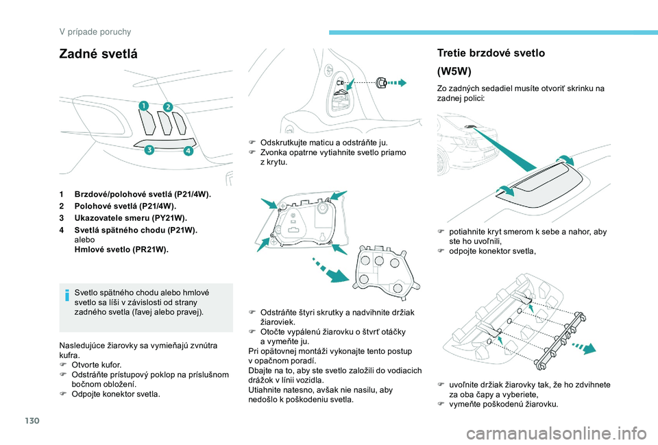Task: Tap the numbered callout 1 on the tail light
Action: [145, 106]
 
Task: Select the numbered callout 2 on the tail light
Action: [167, 106]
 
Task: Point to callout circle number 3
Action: [147, 155]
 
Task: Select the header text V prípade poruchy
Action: [95, 32]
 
